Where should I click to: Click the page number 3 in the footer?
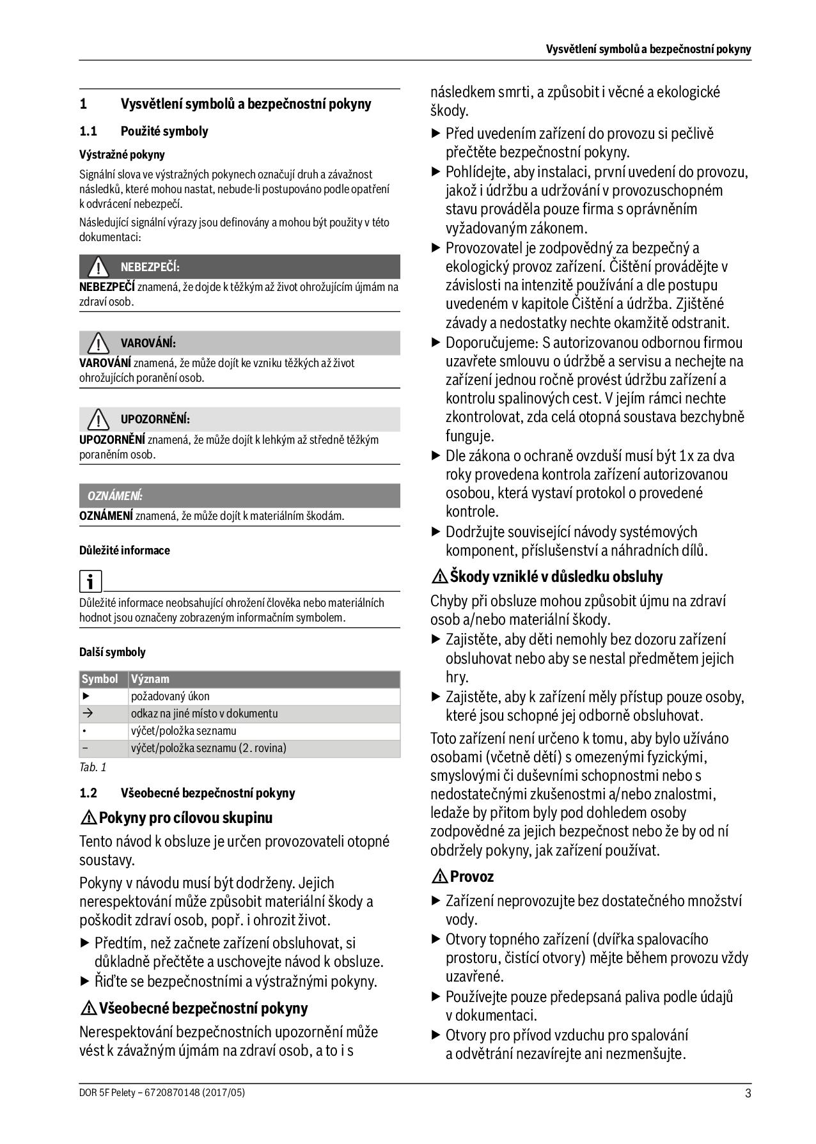[748, 1093]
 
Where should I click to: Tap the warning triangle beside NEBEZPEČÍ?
[98, 267]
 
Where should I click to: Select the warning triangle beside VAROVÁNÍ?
[98, 343]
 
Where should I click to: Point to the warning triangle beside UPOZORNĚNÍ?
[98, 419]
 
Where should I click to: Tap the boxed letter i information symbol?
[90, 581]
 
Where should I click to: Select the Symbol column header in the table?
[100, 679]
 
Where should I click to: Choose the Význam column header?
[150, 679]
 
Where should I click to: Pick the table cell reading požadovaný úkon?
[170, 696]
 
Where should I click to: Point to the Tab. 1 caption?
[93, 767]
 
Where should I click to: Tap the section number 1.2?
[88, 794]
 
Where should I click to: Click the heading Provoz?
[471, 877]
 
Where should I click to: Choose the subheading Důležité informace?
[125, 551]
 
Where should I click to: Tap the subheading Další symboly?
[113, 652]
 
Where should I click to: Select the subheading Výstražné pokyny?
[122, 155]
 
